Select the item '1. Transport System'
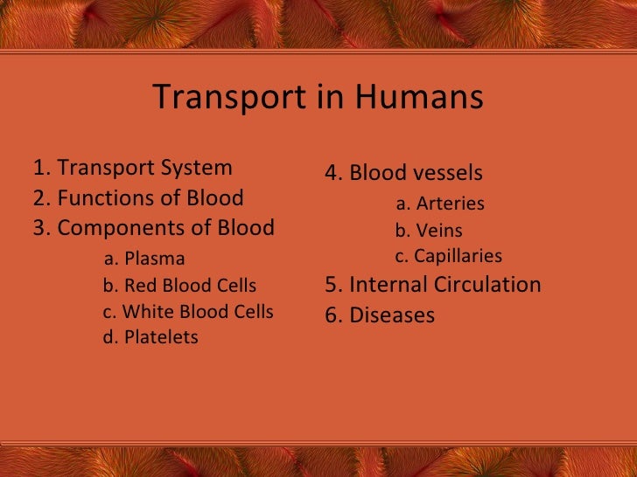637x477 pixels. pyautogui.click(x=133, y=168)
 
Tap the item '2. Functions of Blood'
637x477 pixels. pyautogui.click(x=138, y=198)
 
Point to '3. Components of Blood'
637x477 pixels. pyautogui.click(x=154, y=228)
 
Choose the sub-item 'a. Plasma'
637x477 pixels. pyautogui.click(x=144, y=259)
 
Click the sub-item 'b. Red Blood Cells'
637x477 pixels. pyautogui.click(x=179, y=286)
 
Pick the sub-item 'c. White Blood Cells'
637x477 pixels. pyautogui.click(x=188, y=312)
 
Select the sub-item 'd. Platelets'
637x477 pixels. pyautogui.click(x=150, y=337)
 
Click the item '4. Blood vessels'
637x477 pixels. pyautogui.click(x=403, y=173)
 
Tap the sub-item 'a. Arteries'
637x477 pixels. pyautogui.click(x=440, y=204)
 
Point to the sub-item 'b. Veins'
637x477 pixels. pyautogui.click(x=429, y=232)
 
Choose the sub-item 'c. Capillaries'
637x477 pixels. pyautogui.click(x=449, y=256)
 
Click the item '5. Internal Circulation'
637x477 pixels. pyautogui.click(x=433, y=285)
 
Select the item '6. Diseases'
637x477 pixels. pyautogui.click(x=380, y=315)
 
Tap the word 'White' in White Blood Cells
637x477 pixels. pyautogui.click(x=145, y=312)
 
